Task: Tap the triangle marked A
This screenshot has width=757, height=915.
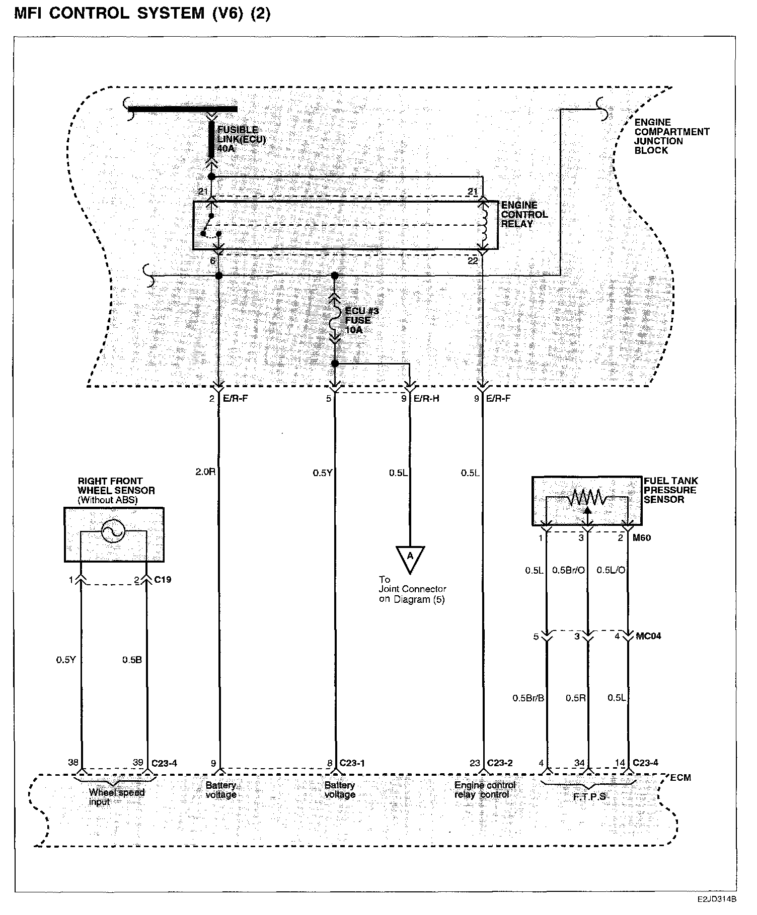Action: pyautogui.click(x=410, y=558)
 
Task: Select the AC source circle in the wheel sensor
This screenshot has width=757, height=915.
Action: pyautogui.click(x=112, y=531)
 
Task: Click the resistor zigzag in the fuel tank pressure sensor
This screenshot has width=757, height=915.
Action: pyautogui.click(x=587, y=498)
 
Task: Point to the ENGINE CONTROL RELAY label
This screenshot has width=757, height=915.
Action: pyautogui.click(x=524, y=215)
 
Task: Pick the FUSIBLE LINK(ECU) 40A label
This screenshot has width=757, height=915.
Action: pyautogui.click(x=241, y=139)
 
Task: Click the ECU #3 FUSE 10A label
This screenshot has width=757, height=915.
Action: pyautogui.click(x=361, y=320)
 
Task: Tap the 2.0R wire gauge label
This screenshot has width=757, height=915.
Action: pyautogui.click(x=205, y=472)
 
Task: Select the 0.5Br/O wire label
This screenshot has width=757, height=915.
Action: pyautogui.click(x=568, y=570)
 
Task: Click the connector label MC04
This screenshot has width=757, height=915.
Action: pyautogui.click(x=648, y=636)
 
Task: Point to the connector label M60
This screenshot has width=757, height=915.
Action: pyautogui.click(x=641, y=538)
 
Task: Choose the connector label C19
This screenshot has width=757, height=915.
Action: pyautogui.click(x=163, y=580)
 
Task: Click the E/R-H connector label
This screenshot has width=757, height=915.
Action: pyautogui.click(x=426, y=399)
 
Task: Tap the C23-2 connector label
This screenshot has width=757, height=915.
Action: pyautogui.click(x=499, y=763)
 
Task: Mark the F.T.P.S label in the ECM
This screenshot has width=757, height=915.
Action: pyautogui.click(x=589, y=797)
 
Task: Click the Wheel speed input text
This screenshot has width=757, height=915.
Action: pyautogui.click(x=116, y=797)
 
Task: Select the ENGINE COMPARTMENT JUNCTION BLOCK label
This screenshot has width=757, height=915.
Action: pyautogui.click(x=671, y=136)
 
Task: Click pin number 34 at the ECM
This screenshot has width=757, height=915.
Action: pyautogui.click(x=579, y=763)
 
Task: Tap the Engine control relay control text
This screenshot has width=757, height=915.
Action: pyautogui.click(x=485, y=790)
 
